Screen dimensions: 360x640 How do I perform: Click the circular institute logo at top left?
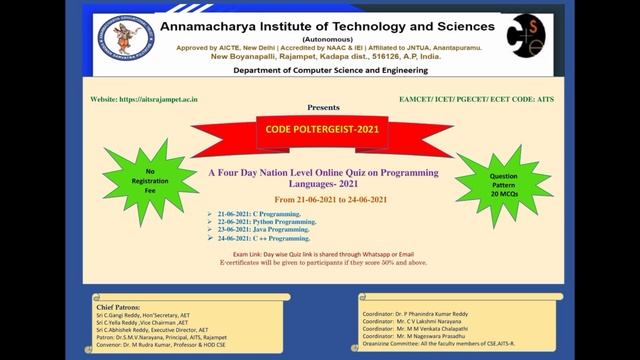tap(126, 37)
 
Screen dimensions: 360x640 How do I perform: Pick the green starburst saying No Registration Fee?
tap(149, 181)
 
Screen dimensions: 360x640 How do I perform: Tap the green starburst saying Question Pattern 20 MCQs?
tap(504, 186)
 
